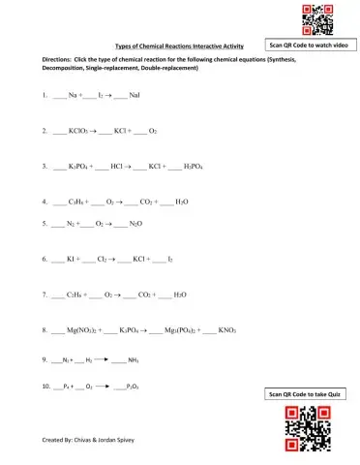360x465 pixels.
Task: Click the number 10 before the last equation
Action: pos(46,386)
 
